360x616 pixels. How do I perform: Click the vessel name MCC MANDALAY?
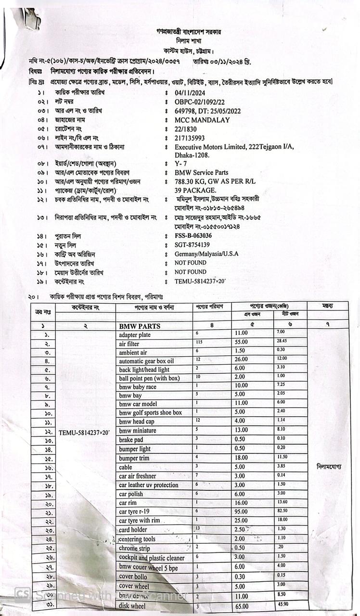(x=202, y=120)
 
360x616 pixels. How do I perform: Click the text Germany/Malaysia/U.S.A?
(x=206, y=254)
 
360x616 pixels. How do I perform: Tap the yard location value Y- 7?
(x=181, y=164)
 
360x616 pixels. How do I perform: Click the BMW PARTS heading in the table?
(x=140, y=326)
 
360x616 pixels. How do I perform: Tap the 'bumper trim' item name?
(x=134, y=458)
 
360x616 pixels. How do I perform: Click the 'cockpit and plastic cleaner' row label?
(x=152, y=558)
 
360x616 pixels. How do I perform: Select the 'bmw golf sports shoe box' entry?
(x=150, y=413)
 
